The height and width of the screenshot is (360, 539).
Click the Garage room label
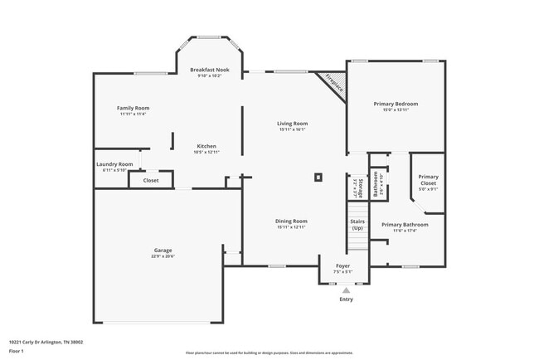[x=163, y=251]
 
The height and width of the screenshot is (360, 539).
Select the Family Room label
[x=132, y=109]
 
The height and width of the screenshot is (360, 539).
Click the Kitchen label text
[x=206, y=146]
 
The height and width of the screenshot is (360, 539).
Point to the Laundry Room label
[x=114, y=164]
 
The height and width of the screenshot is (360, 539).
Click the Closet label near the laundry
[x=151, y=180]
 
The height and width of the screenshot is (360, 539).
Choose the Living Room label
[x=292, y=124]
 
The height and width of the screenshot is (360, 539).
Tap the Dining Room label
[x=291, y=221]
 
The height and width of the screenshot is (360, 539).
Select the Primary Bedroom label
[x=396, y=104]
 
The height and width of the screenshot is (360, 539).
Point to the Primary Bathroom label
[x=405, y=225]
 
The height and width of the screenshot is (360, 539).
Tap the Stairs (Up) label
[x=357, y=225]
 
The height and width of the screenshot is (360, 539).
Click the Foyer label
[x=342, y=265]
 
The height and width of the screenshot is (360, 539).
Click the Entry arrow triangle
[x=346, y=290]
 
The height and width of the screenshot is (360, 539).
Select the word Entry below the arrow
[x=346, y=299]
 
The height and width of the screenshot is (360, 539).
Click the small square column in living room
[x=318, y=176]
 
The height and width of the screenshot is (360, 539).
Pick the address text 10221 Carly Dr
[x=46, y=341]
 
